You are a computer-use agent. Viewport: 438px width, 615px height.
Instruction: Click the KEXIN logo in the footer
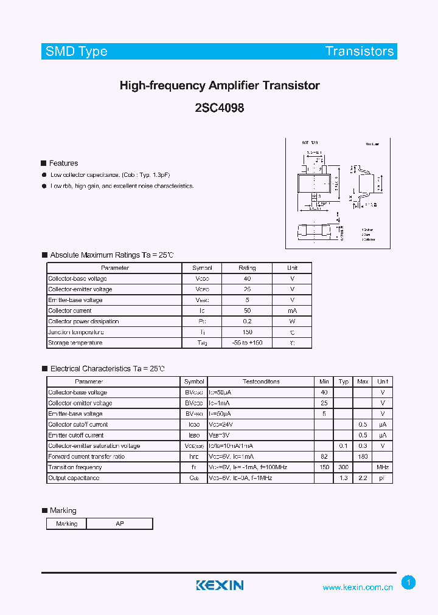pyautogui.click(x=220, y=585)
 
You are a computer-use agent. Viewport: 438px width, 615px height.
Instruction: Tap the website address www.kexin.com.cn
pyautogui.click(x=358, y=587)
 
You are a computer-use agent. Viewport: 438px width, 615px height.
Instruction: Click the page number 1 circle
pyautogui.click(x=409, y=583)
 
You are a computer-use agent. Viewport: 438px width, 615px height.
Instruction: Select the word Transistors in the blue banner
pyautogui.click(x=360, y=52)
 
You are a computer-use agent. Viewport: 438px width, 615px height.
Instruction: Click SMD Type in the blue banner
pyautogui.click(x=77, y=52)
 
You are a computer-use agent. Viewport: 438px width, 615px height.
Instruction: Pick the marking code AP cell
pyautogui.click(x=120, y=523)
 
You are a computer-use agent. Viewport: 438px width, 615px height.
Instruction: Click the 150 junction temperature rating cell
pyautogui.click(x=247, y=332)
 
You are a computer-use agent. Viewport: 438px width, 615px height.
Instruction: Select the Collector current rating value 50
pyautogui.click(x=247, y=311)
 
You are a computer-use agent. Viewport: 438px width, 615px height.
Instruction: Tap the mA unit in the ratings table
pyautogui.click(x=293, y=311)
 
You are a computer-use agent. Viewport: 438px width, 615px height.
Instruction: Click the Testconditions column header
pyautogui.click(x=261, y=382)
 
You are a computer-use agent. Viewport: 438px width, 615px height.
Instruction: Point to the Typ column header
pyautogui.click(x=344, y=382)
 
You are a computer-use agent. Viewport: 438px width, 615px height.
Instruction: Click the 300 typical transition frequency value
pyautogui.click(x=344, y=467)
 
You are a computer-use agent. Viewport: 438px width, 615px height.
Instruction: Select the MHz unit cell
pyautogui.click(x=383, y=467)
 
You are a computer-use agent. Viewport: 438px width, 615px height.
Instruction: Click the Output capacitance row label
pyautogui.click(x=74, y=478)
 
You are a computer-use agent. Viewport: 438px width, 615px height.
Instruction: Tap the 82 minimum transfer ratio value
pyautogui.click(x=324, y=456)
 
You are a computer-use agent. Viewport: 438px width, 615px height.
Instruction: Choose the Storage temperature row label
pyautogui.click(x=75, y=343)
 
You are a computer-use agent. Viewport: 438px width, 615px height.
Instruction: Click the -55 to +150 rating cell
pyautogui.click(x=247, y=343)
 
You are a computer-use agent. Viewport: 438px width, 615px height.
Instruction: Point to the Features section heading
pyautogui.click(x=63, y=163)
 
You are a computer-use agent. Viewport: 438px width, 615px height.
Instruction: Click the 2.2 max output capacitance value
pyautogui.click(x=363, y=478)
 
